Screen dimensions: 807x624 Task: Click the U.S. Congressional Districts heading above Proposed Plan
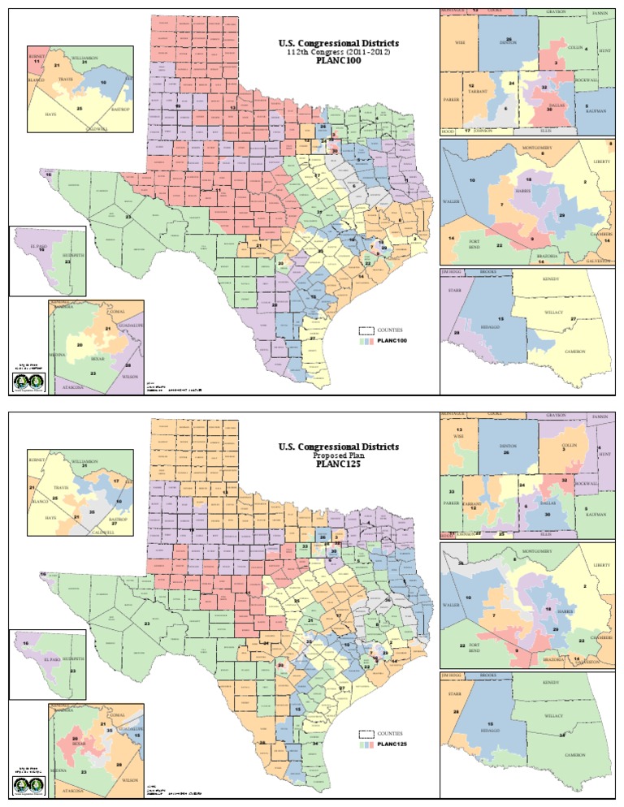[338, 447]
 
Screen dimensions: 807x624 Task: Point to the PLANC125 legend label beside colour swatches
[392, 744]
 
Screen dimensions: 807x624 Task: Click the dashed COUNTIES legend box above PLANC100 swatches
[366, 330]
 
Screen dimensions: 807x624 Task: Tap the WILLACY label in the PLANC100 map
[554, 311]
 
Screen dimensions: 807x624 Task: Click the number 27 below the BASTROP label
[115, 524]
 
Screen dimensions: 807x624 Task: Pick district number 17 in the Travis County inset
[116, 481]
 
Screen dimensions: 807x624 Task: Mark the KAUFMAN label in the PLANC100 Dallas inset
[595, 110]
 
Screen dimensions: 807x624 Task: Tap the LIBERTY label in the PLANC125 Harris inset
[601, 564]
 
